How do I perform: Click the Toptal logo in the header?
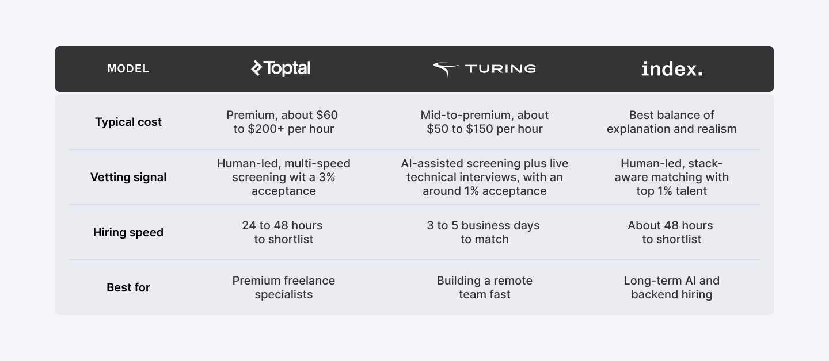click(280, 68)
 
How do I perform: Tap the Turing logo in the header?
click(485, 69)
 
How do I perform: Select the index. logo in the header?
click(672, 69)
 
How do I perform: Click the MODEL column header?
click(128, 69)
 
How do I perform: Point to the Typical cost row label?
click(128, 122)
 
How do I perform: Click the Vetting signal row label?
click(128, 177)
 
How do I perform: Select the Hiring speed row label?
click(128, 232)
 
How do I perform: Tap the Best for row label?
click(128, 287)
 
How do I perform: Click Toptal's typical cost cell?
click(283, 122)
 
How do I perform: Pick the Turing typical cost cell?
click(485, 122)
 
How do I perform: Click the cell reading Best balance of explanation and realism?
click(672, 122)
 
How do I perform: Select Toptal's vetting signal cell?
click(283, 177)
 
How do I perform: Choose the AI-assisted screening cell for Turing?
click(485, 177)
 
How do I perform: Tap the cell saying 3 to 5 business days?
click(484, 232)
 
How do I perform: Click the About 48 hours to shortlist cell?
click(671, 232)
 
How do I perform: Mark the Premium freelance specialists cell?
click(283, 287)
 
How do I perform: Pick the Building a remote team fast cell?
click(485, 287)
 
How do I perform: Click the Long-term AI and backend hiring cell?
click(672, 287)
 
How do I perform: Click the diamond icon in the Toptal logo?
click(257, 68)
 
